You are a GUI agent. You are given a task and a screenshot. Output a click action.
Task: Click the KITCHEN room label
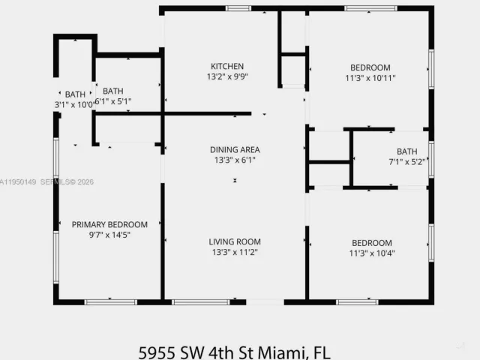pyautogui.click(x=227, y=66)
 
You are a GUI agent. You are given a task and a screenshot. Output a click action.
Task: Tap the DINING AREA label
pyautogui.click(x=235, y=149)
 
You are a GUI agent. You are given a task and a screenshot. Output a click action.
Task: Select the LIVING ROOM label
pyautogui.click(x=235, y=241)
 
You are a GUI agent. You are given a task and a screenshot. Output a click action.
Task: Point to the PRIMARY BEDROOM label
pyautogui.click(x=109, y=224)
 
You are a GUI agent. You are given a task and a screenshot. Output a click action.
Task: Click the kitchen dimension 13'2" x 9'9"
pyautogui.click(x=227, y=77)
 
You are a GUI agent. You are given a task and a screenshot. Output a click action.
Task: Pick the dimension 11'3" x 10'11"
pyautogui.click(x=370, y=77)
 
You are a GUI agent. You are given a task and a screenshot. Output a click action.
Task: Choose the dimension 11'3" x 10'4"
pyautogui.click(x=372, y=253)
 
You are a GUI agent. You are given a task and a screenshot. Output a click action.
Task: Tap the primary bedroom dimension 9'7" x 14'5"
pyautogui.click(x=109, y=235)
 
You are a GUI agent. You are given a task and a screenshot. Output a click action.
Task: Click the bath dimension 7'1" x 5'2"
pyautogui.click(x=407, y=161)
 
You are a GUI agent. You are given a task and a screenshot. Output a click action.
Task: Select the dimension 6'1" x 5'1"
pyautogui.click(x=114, y=102)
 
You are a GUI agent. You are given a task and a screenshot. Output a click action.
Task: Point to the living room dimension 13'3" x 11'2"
pyautogui.click(x=235, y=253)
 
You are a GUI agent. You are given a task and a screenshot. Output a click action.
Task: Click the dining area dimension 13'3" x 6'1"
pyautogui.click(x=235, y=160)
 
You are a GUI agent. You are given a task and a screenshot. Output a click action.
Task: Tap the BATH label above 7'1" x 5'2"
pyautogui.click(x=407, y=151)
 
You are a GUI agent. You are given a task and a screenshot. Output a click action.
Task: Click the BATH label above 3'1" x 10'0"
pyautogui.click(x=75, y=94)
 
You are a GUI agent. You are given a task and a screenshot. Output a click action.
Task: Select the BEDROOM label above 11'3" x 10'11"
pyautogui.click(x=370, y=66)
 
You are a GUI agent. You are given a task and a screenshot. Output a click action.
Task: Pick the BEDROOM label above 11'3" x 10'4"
pyautogui.click(x=372, y=242)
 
